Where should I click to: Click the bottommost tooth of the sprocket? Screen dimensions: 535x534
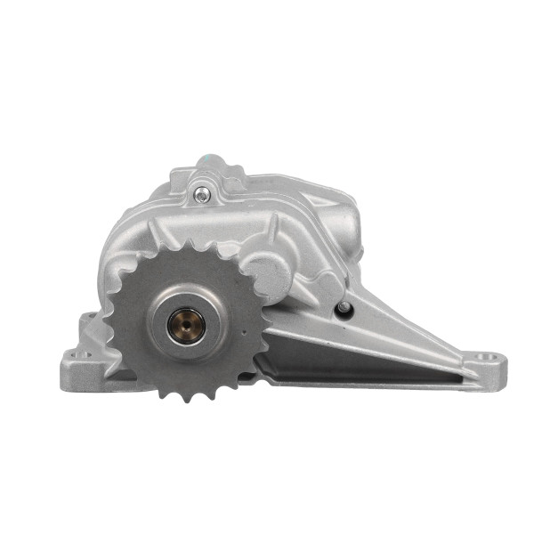point(188,394)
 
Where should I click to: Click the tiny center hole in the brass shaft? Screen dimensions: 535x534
point(187,324)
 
